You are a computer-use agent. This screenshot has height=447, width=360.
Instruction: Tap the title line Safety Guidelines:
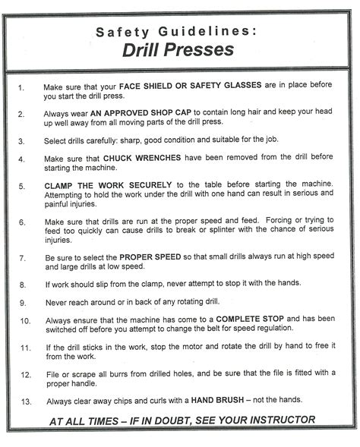[181, 31]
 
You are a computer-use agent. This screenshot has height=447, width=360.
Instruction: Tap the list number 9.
[22, 301]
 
